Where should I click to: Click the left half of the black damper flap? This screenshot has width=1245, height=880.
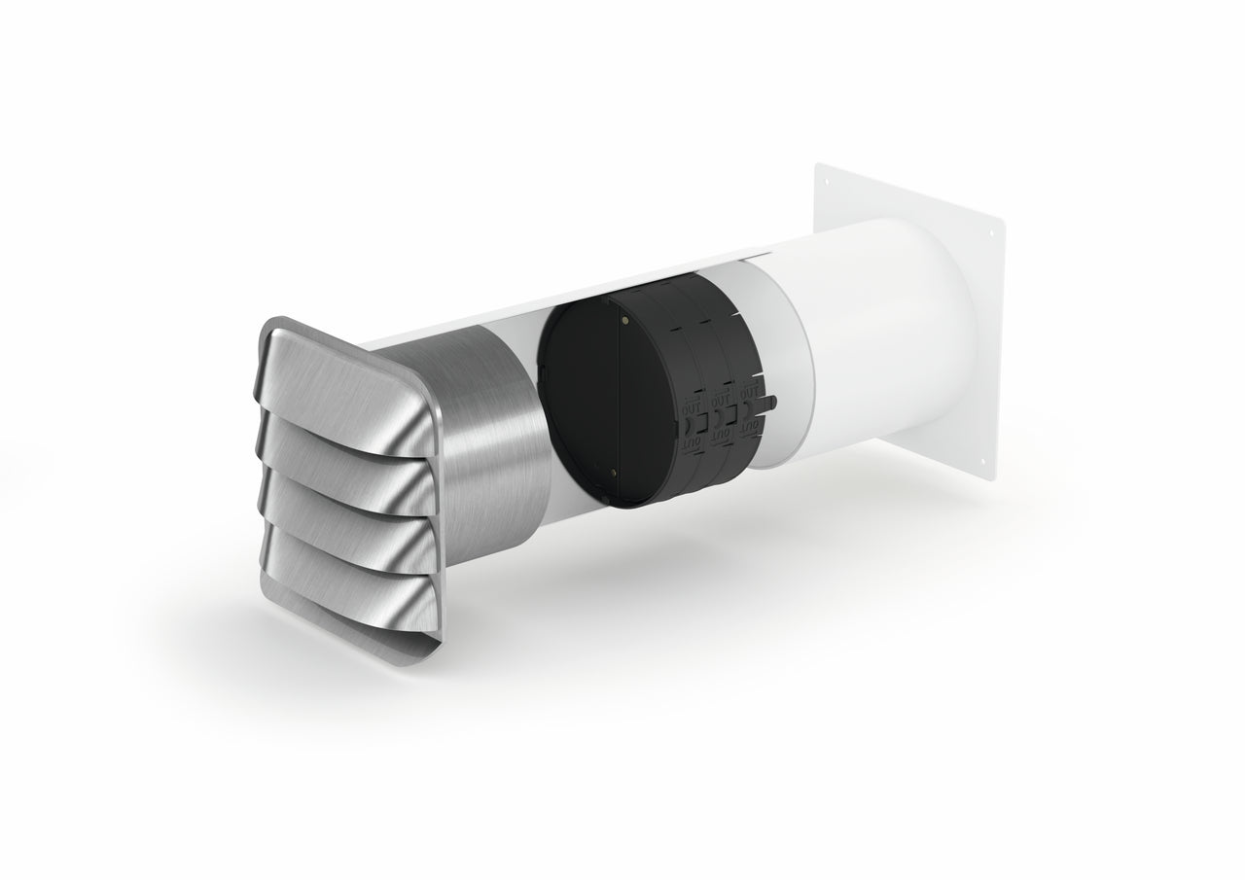point(580,408)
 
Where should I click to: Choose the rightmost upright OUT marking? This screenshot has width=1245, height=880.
point(751,394)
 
